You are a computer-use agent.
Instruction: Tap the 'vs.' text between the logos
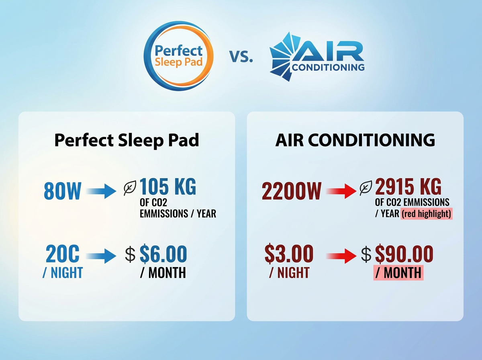point(241,56)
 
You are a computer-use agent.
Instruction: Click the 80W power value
point(63,191)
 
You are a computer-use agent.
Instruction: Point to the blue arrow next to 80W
point(101,191)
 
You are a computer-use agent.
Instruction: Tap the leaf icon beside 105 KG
point(130,188)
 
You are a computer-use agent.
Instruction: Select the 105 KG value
point(168,186)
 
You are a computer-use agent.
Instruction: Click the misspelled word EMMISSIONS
point(164,213)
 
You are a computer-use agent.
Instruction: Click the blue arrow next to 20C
point(101,256)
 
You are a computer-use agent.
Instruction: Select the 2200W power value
point(292,191)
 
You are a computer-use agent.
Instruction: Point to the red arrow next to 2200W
point(341,191)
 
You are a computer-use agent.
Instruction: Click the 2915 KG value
point(408,186)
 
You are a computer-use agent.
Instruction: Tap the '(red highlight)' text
point(427,214)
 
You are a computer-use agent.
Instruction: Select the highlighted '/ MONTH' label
point(398,272)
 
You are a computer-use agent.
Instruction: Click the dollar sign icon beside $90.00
point(366,254)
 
